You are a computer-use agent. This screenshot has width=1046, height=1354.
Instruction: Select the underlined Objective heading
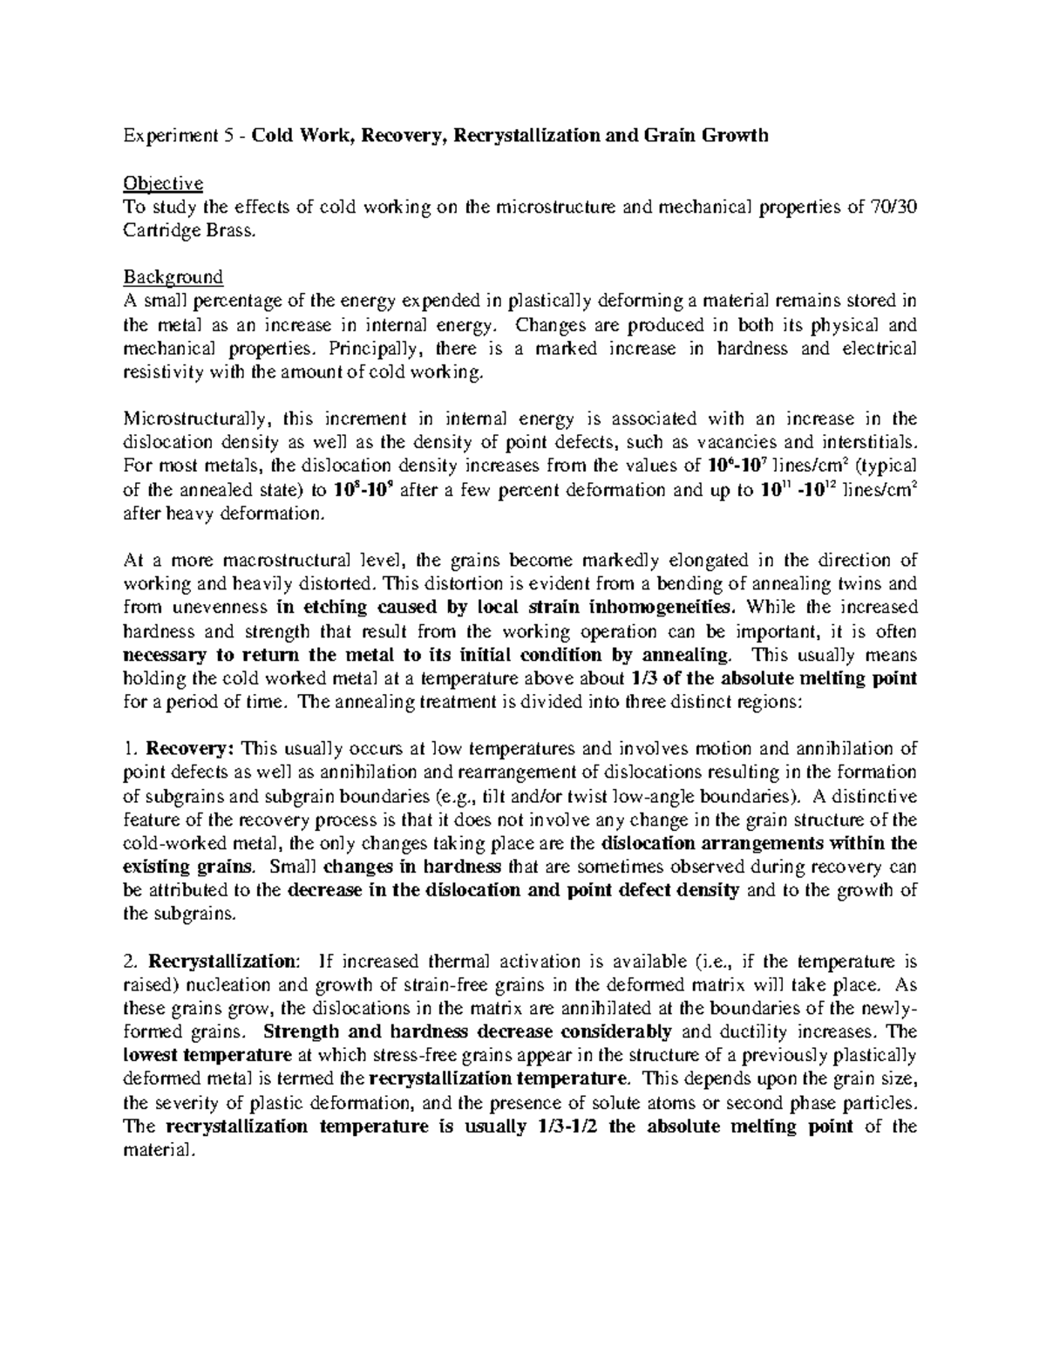(x=163, y=184)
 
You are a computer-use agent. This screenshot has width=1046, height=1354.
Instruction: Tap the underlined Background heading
(x=173, y=278)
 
